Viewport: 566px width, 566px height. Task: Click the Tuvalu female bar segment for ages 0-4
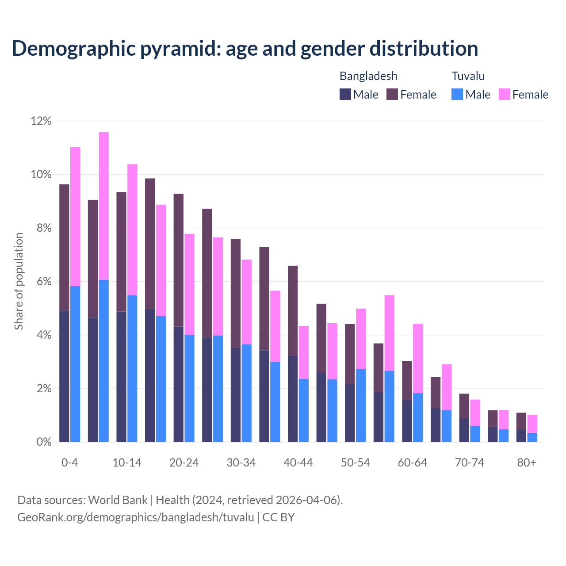pyautogui.click(x=75, y=216)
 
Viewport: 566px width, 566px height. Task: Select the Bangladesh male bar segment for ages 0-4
pyautogui.click(x=65, y=376)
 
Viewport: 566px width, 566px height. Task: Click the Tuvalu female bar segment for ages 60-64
pyautogui.click(x=418, y=358)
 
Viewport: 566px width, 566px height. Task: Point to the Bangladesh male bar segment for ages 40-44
pyautogui.click(x=293, y=398)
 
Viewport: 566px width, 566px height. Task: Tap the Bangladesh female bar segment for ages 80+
pyautogui.click(x=521, y=421)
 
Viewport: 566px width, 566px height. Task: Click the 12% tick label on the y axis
pyautogui.click(x=41, y=121)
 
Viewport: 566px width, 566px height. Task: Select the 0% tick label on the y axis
pyautogui.click(x=44, y=442)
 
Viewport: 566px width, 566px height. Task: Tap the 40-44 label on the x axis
pyautogui.click(x=298, y=463)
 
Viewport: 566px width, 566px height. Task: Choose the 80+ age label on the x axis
pyautogui.click(x=527, y=463)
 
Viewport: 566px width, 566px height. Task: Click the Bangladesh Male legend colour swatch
pyautogui.click(x=345, y=94)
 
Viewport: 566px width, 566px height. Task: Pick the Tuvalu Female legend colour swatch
pyautogui.click(x=504, y=94)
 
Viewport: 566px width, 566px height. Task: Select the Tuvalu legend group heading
pyautogui.click(x=468, y=76)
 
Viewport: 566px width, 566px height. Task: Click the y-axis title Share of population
pyautogui.click(x=19, y=281)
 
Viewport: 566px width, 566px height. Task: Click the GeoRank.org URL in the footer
pyautogui.click(x=136, y=517)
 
